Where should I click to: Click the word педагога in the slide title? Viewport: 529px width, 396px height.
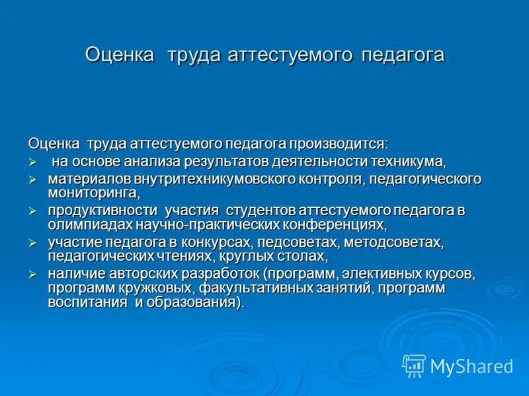pos(402,55)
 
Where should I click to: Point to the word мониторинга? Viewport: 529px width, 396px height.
pos(93,193)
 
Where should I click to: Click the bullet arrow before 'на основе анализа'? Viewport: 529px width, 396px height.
pos(31,162)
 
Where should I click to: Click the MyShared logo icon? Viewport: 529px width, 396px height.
pos(414,365)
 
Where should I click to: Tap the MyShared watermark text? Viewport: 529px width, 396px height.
pos(472,366)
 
